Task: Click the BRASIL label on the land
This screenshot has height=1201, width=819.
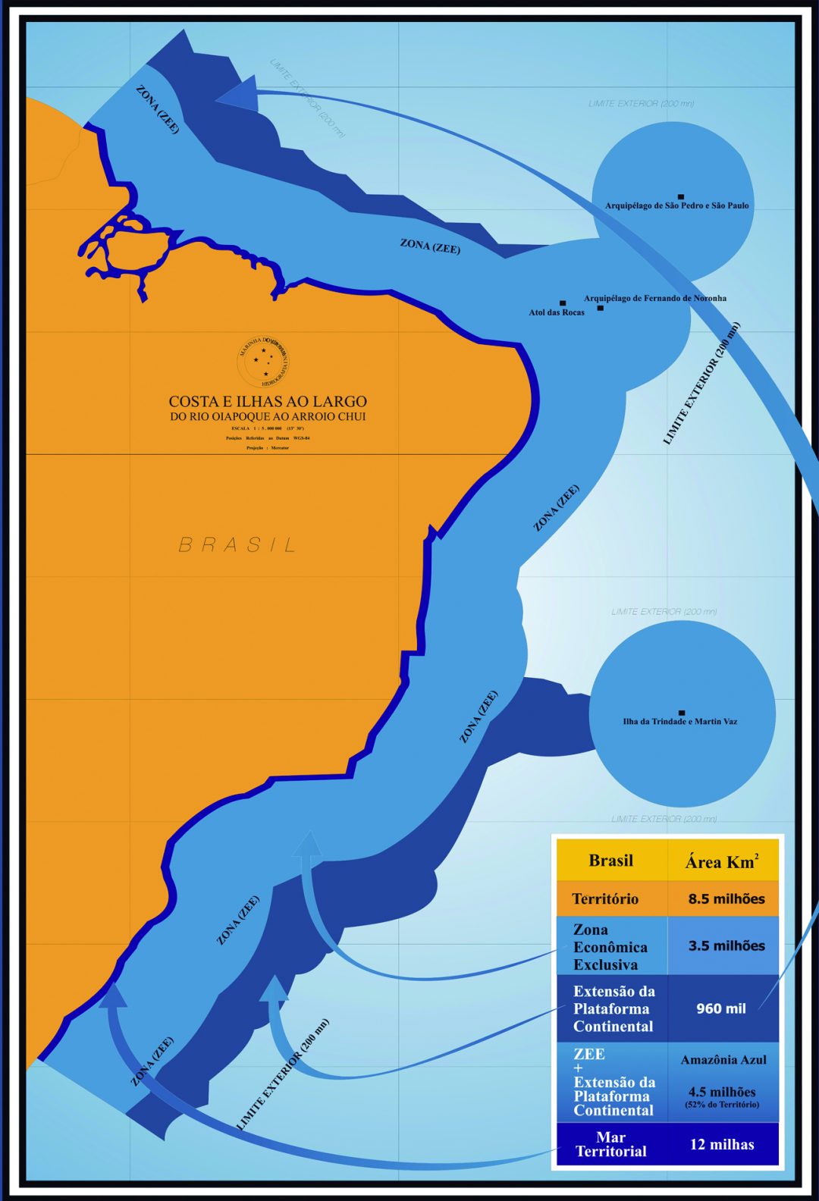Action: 237,544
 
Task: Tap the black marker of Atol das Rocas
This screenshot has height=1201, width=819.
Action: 563,303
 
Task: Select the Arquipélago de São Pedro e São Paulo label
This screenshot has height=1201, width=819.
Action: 676,205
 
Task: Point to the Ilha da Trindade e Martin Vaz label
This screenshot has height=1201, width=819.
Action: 679,722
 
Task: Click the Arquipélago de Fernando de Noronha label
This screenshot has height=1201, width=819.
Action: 654,298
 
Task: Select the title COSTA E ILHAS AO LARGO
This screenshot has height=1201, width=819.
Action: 267,401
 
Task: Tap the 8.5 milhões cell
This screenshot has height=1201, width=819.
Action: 726,899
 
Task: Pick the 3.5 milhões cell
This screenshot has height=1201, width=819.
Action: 726,946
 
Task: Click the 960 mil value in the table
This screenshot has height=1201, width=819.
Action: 720,1009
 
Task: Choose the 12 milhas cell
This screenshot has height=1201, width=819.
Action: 721,1145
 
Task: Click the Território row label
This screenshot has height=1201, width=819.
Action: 605,899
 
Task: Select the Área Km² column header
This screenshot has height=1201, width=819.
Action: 721,861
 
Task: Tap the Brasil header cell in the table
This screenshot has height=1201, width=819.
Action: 610,861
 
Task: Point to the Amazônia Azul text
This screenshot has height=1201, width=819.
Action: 723,1060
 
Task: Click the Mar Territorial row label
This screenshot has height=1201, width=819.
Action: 610,1145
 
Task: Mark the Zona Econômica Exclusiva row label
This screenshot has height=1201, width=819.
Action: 610,947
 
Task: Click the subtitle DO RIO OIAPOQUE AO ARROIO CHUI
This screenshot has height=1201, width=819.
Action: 267,417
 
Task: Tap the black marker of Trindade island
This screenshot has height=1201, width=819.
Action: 682,713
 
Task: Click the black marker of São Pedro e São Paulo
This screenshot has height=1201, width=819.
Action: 681,196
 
